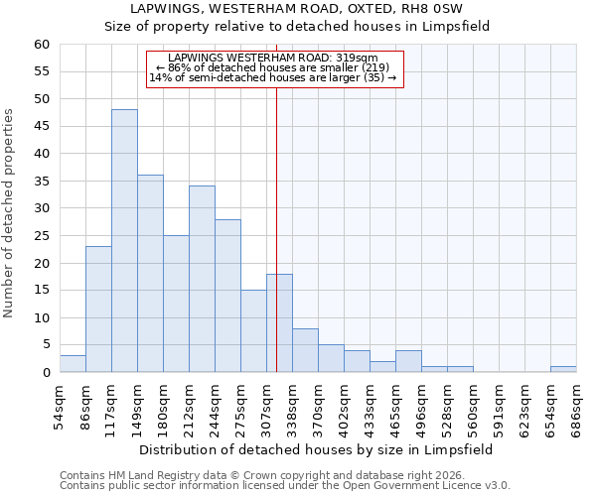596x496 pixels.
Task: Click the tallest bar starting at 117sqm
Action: point(124,241)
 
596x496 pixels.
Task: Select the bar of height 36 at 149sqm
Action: point(150,274)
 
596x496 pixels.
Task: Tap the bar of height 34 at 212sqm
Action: point(202,279)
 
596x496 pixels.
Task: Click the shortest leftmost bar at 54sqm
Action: point(73,364)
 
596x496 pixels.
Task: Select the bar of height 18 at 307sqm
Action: point(279,323)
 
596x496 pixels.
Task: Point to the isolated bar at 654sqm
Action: point(563,369)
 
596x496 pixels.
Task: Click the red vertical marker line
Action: point(276,248)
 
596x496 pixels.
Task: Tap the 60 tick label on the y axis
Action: point(41,45)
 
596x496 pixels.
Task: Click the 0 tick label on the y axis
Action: point(45,373)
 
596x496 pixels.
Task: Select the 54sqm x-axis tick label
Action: point(60,404)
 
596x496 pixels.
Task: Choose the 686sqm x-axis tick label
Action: point(576,404)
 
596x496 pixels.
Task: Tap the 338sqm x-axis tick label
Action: point(292,404)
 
